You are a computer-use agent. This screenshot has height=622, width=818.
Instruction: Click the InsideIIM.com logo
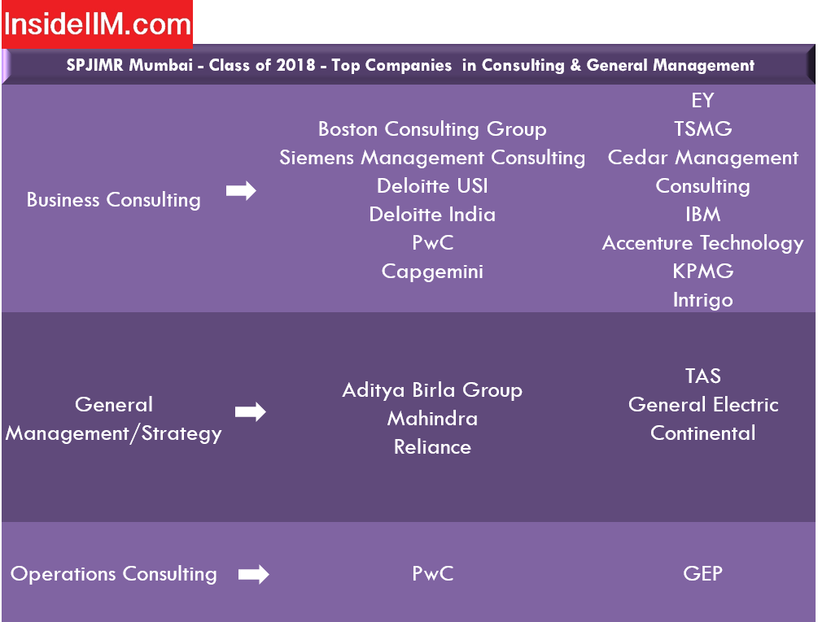click(x=97, y=24)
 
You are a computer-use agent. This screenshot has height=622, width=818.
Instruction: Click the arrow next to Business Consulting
click(x=241, y=190)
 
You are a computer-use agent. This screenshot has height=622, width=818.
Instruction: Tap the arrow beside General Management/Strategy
click(x=251, y=412)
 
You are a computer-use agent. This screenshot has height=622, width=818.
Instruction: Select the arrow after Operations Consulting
click(x=253, y=575)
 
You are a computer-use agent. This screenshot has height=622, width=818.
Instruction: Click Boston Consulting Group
click(x=432, y=129)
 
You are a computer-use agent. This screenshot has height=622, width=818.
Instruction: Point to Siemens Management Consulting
click(x=432, y=158)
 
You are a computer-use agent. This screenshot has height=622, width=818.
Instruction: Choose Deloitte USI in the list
click(x=432, y=186)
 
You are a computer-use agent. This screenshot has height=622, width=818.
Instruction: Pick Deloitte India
click(x=432, y=215)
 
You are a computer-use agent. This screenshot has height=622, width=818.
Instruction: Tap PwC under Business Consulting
click(x=432, y=243)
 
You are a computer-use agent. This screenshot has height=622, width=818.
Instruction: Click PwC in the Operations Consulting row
click(x=432, y=573)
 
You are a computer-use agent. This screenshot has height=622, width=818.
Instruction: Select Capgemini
click(x=432, y=272)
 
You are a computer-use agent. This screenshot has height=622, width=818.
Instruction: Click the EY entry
click(x=702, y=101)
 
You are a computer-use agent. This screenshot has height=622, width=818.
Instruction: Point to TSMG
click(x=702, y=129)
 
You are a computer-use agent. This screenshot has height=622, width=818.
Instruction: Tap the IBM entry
click(x=702, y=215)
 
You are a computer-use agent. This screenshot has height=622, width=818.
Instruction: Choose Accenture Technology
click(x=702, y=243)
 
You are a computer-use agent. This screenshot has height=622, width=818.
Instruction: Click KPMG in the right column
click(x=702, y=272)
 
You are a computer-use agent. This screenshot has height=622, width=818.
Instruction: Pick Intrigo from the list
click(x=702, y=301)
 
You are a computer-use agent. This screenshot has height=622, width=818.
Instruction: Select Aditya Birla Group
click(x=432, y=390)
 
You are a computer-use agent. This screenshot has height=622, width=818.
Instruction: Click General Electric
click(x=703, y=405)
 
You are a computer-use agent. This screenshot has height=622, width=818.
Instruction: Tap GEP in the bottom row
click(x=702, y=573)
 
